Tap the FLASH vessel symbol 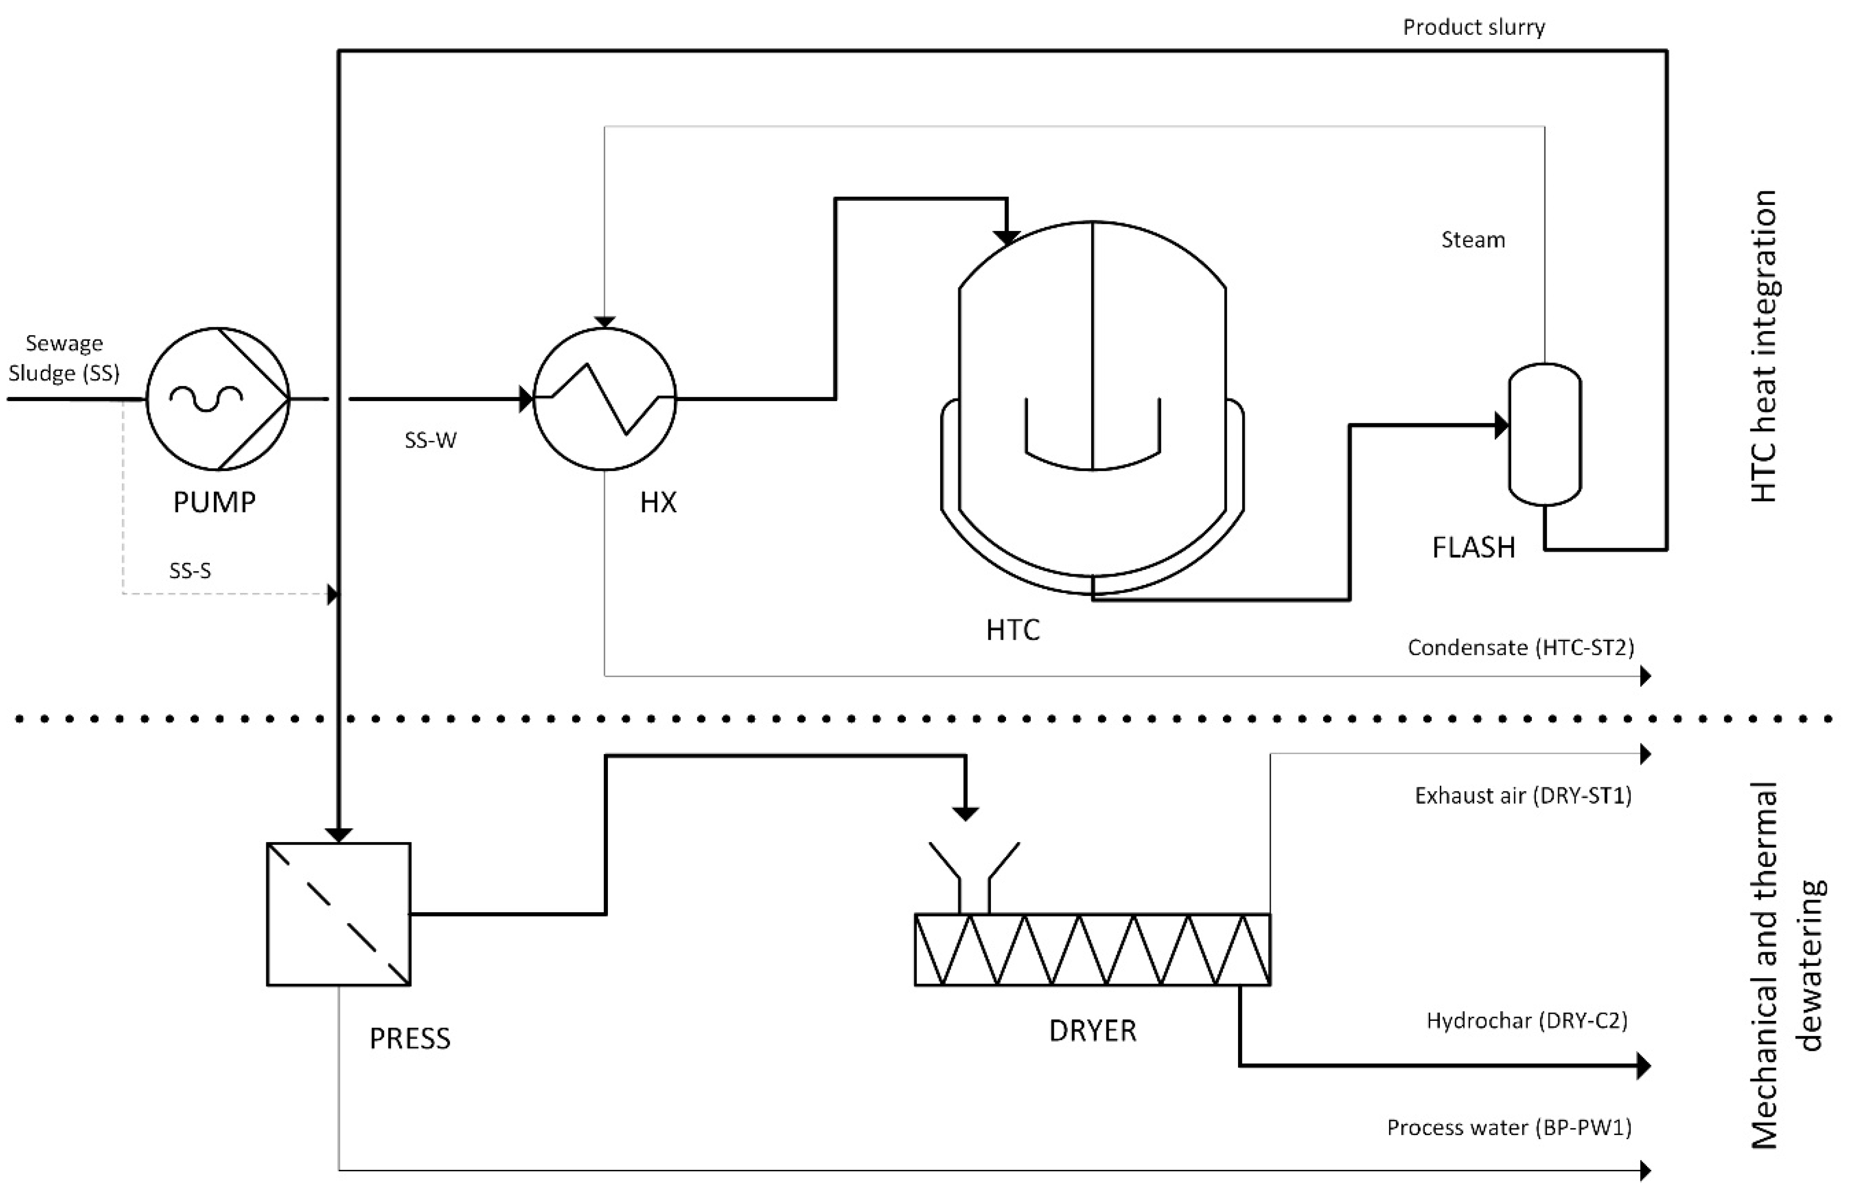[x=1544, y=434]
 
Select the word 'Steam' [x=1473, y=240]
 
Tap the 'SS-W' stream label [x=430, y=440]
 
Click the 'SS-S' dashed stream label [x=190, y=571]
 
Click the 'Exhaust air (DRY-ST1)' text [x=1522, y=796]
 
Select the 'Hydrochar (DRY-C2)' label [x=1526, y=1020]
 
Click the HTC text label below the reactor [x=1012, y=630]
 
